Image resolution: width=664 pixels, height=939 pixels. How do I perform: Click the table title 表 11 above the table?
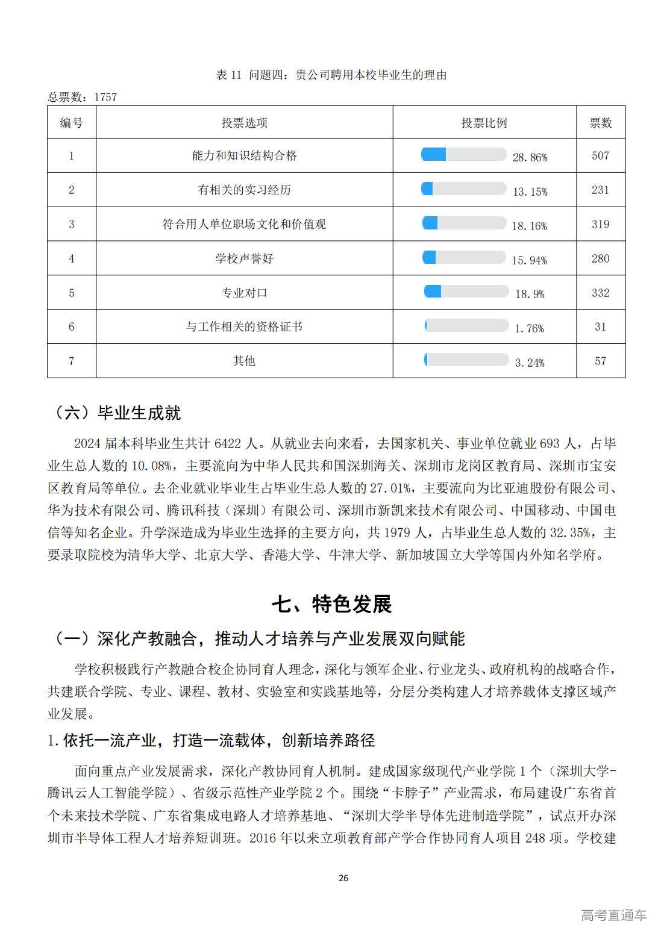[x=331, y=75]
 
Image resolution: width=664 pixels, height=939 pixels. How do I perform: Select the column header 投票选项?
[x=244, y=123]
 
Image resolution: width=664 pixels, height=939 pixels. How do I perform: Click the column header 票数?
[x=600, y=123]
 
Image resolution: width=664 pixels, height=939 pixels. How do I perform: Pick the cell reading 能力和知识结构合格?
[x=244, y=155]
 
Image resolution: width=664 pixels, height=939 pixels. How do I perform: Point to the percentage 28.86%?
[x=530, y=157]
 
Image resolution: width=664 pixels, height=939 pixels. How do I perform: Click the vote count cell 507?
[x=600, y=155]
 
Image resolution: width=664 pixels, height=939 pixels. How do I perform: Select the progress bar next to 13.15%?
[x=463, y=189]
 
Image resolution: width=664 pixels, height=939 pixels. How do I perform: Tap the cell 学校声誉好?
[x=244, y=258]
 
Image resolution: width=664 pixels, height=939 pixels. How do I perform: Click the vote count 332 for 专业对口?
[x=600, y=293]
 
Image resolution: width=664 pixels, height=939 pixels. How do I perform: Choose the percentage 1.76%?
[x=529, y=328]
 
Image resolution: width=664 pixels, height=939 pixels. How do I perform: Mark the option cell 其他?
[x=244, y=361]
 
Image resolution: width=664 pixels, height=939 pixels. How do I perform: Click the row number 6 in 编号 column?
[x=72, y=326]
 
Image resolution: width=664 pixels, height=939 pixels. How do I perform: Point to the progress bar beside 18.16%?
[x=463, y=223]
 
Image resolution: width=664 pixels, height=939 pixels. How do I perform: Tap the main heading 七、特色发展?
[x=331, y=604]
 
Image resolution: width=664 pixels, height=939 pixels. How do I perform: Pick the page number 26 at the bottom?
[x=343, y=878]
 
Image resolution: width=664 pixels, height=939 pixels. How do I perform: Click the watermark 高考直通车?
[x=613, y=915]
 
